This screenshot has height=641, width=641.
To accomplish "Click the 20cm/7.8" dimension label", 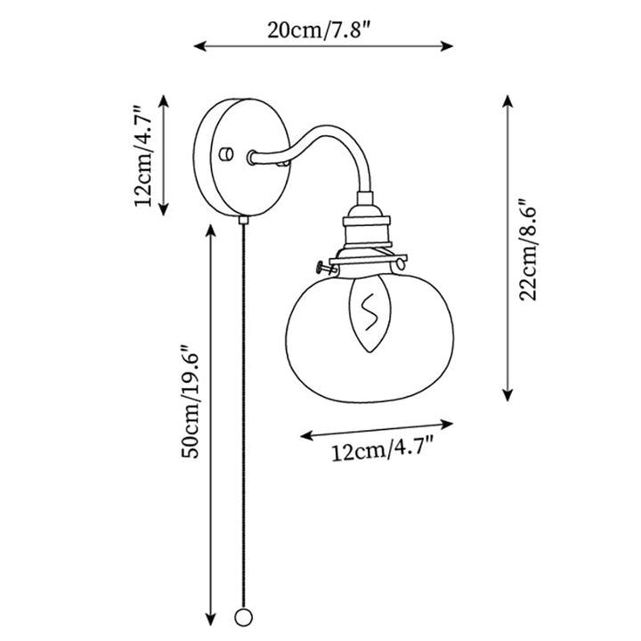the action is pos(320,30).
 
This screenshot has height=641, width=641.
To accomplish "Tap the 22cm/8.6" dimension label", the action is pos(529,250).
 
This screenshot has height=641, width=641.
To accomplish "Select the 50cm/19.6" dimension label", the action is pos(191,402).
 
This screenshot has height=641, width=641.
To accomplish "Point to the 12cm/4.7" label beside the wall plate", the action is pos(144,156).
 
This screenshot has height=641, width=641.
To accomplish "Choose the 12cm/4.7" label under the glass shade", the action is pos(382,449).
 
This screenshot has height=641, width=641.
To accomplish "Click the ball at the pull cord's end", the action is pos(244,629).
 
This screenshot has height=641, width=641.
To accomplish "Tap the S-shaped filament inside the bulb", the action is pos(369,311).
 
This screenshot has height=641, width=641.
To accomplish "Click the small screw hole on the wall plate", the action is pos(226,154).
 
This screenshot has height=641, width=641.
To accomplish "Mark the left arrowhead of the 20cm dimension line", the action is pos(199,46).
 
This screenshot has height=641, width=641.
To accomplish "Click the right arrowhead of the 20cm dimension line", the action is pos(447,45).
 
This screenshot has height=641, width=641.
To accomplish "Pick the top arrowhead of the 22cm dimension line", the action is pos(507,101).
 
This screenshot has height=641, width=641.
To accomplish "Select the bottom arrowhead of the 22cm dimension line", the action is pos(507,395).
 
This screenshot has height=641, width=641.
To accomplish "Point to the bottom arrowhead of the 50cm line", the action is pos(210,631).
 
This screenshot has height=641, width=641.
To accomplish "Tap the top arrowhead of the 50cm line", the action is pos(210,231).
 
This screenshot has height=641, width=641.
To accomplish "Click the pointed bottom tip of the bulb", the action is pos(369,353).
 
